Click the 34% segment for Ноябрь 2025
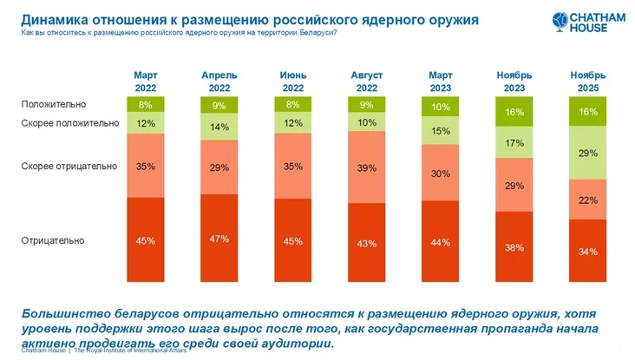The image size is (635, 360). [x=587, y=252]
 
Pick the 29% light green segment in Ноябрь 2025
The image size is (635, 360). [x=587, y=152]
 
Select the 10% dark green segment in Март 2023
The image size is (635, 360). [x=440, y=107]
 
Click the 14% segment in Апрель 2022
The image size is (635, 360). [x=219, y=127]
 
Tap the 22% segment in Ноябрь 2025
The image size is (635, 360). [x=587, y=200]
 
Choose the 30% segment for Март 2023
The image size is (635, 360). [x=440, y=173]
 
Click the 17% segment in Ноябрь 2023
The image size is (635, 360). [x=514, y=141]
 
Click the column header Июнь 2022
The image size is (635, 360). [x=292, y=82]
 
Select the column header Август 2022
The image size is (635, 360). [x=366, y=82]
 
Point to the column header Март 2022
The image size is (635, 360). [x=146, y=82]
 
